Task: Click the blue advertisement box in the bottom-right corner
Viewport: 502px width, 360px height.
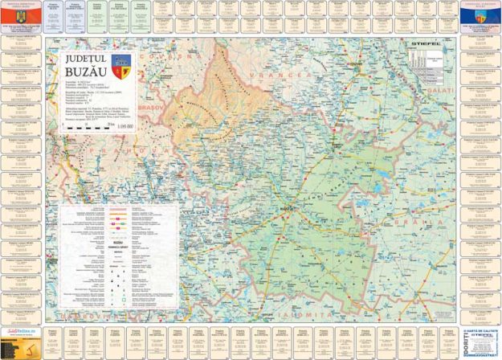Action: click(479, 342)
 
